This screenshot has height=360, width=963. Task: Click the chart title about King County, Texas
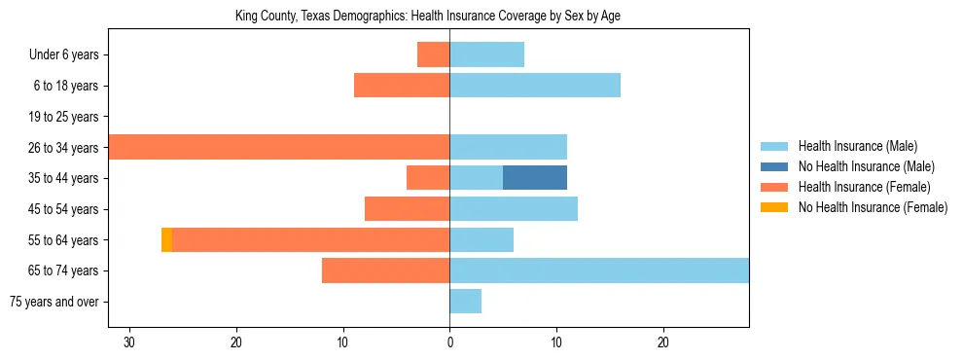428,16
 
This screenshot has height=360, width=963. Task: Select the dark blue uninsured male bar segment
534,177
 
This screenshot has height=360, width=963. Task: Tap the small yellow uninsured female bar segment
166,239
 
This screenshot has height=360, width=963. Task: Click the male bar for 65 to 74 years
599,270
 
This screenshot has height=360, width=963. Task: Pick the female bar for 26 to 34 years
279,147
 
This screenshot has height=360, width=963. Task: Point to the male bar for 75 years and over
465,302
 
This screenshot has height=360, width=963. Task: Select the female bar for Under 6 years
433,54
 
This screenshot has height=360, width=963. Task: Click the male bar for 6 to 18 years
535,86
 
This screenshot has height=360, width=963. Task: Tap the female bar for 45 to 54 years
407,208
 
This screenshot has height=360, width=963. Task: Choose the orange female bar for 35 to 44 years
428,177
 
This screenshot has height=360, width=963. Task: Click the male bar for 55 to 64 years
481,239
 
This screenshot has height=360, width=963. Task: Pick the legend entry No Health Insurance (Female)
872,207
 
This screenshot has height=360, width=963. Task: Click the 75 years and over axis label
53,302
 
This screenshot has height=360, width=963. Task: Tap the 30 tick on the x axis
129,343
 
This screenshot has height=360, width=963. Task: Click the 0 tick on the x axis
449,343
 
